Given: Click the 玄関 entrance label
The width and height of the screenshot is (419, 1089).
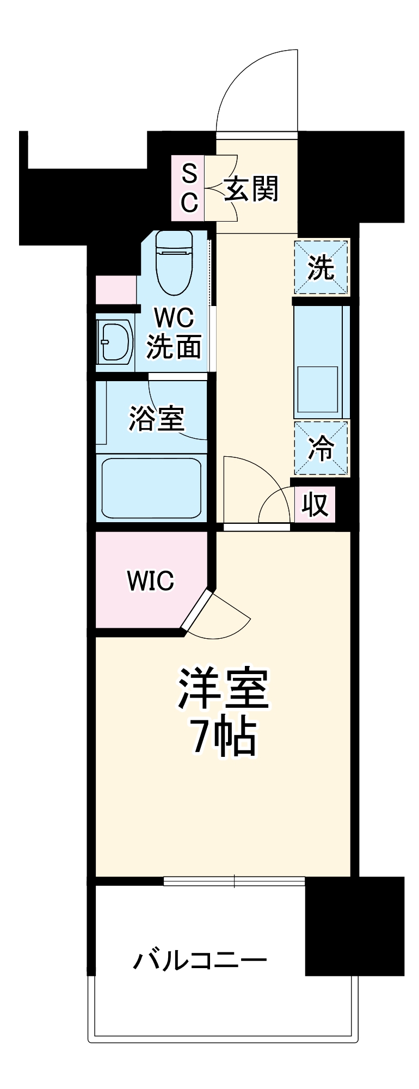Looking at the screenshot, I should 251,189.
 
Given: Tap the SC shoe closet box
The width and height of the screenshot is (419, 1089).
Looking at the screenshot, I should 188,188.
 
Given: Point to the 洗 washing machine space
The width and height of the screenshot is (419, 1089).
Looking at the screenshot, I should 321,267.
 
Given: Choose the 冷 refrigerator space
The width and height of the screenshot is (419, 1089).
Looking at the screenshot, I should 321,448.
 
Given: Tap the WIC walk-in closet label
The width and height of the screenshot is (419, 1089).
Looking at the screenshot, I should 150,581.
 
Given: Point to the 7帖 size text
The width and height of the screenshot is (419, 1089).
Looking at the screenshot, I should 224,737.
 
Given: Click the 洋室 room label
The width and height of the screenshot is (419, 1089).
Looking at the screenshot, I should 224,688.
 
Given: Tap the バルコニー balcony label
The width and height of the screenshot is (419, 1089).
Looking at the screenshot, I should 200,960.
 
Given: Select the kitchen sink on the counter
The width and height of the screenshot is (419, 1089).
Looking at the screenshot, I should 317,389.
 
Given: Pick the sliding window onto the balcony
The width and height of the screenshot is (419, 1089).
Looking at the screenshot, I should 234,880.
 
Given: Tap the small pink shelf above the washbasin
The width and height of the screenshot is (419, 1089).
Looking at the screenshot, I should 115,290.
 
